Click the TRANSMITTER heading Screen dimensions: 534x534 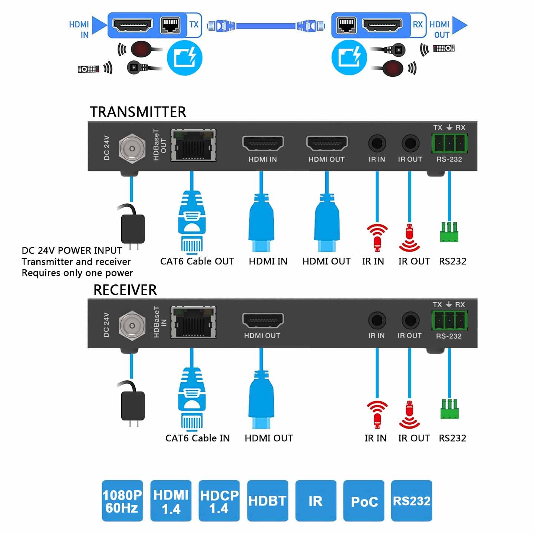click(x=138, y=112)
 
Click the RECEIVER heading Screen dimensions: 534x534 click(x=125, y=290)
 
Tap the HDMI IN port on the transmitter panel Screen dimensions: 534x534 click(x=263, y=143)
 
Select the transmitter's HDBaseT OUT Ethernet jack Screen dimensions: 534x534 click(x=193, y=145)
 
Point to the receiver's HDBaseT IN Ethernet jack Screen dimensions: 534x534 click(x=193, y=323)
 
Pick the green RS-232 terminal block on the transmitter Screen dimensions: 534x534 click(x=449, y=143)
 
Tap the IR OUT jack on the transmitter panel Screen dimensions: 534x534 click(x=410, y=143)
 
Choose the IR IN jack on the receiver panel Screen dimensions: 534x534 click(x=377, y=320)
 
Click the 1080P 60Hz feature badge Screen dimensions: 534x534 click(x=122, y=501)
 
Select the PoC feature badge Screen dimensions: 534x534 click(x=364, y=501)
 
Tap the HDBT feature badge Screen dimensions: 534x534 click(x=267, y=501)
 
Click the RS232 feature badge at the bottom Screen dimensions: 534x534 click(x=412, y=501)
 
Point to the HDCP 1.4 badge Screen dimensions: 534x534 click(x=219, y=501)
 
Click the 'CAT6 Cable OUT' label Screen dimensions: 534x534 click(x=197, y=261)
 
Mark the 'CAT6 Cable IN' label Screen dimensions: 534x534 click(x=197, y=438)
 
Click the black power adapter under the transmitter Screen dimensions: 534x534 click(x=132, y=228)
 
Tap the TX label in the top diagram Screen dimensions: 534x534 click(x=194, y=25)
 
